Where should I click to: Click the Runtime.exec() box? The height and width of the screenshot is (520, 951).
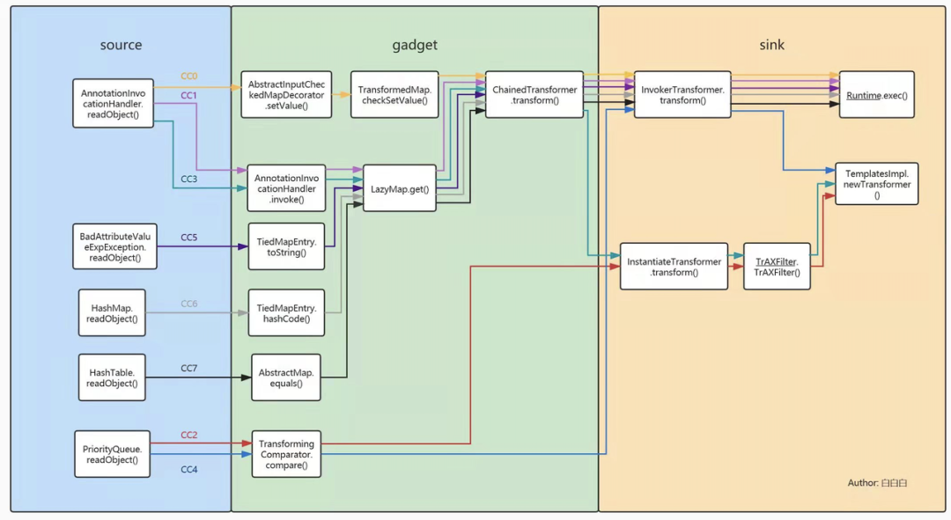(876, 94)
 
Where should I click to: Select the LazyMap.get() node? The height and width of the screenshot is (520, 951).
(400, 188)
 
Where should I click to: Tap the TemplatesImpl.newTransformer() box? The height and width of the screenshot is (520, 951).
(876, 184)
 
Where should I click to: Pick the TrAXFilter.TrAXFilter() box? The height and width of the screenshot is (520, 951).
(777, 267)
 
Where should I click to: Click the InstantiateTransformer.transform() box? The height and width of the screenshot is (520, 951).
(674, 267)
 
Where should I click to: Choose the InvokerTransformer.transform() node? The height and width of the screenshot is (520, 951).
(682, 94)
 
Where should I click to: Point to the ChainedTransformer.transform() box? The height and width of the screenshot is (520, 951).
(534, 94)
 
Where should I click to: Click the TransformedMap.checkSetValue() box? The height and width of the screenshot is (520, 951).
(394, 94)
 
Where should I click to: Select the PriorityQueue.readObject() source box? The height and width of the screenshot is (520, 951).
(112, 454)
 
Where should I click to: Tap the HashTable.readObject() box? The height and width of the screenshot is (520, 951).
(112, 377)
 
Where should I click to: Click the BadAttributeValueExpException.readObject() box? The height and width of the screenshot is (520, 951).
(114, 246)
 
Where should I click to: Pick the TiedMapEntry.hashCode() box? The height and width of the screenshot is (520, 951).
(286, 312)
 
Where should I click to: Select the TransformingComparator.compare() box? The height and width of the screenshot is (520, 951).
(286, 454)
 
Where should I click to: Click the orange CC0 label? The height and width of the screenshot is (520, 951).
(189, 77)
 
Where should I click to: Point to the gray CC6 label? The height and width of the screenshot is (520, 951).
(189, 304)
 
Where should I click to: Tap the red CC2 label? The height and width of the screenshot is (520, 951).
(189, 436)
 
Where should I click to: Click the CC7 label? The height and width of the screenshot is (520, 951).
(189, 369)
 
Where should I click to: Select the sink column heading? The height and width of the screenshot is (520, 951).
(772, 45)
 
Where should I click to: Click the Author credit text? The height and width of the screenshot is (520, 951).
(877, 483)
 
